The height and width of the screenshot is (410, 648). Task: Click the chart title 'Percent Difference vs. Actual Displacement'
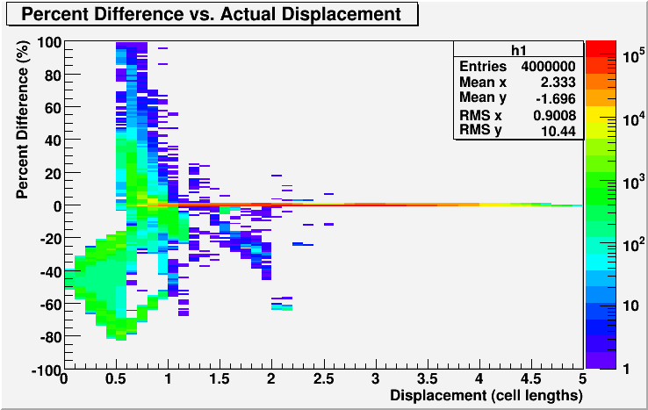(212, 14)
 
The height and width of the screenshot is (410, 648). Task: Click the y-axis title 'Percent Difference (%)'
(22, 119)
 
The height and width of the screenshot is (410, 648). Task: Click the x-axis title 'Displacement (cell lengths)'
(486, 395)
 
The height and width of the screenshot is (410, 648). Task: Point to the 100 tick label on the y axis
(49, 42)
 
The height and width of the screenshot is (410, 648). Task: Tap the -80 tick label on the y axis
(51, 337)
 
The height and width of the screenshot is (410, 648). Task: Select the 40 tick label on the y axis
(52, 140)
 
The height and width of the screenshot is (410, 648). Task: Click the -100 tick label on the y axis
(47, 370)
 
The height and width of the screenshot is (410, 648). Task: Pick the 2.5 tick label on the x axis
(324, 379)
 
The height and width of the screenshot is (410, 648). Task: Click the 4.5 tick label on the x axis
(531, 379)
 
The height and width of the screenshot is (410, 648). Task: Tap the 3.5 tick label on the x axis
(428, 379)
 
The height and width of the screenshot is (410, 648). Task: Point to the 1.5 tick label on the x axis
(220, 379)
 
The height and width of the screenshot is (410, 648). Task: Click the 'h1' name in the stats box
(519, 50)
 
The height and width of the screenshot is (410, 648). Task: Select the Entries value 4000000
(548, 66)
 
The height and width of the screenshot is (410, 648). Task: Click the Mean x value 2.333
(558, 83)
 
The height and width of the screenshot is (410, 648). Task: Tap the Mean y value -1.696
(556, 99)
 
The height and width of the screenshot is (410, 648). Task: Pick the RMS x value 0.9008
(555, 115)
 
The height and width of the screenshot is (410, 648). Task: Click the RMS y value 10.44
(558, 132)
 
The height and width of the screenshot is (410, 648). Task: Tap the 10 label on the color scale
(631, 306)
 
